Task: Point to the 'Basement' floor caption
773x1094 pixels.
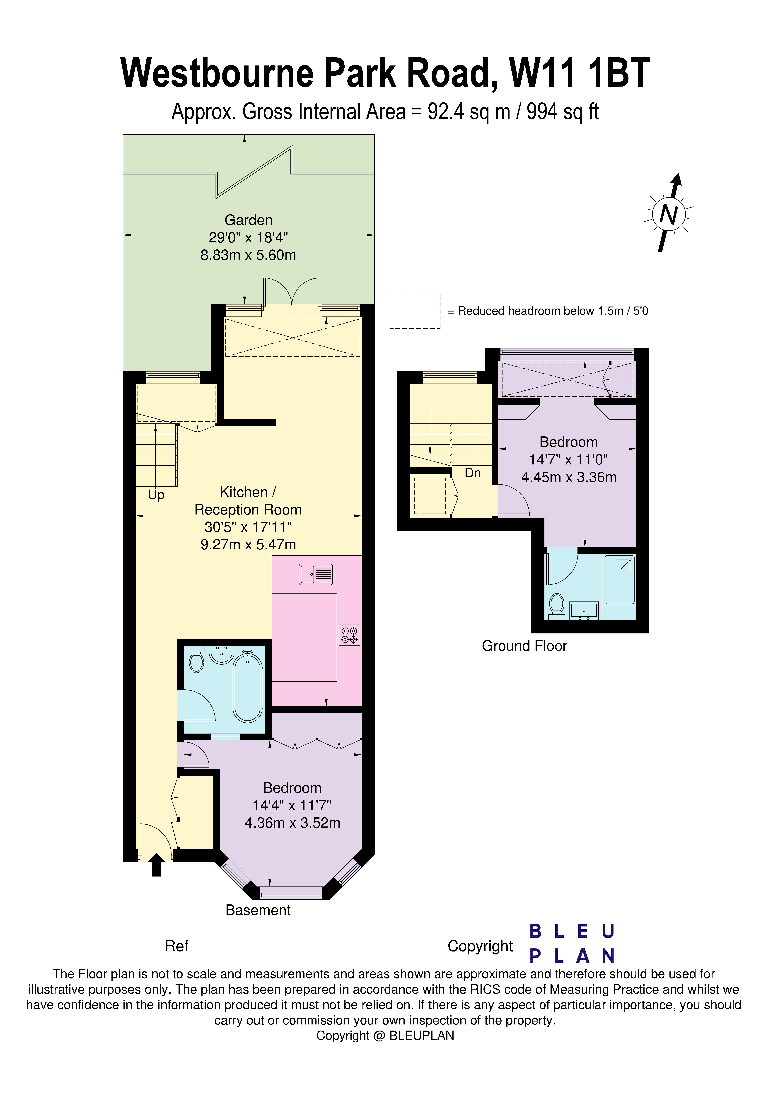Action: [x=258, y=910]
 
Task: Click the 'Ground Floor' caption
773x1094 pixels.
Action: [x=524, y=646]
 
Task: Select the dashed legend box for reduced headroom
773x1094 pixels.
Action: [x=415, y=312]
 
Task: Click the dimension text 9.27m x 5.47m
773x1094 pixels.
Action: [x=248, y=545]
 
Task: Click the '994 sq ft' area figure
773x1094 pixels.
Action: [x=562, y=112]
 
